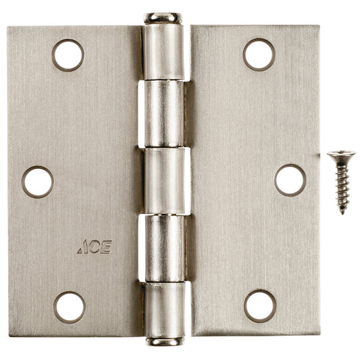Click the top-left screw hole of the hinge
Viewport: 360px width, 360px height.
68,55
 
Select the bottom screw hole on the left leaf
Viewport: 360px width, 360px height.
69,307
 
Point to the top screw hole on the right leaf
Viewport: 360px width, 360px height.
259,55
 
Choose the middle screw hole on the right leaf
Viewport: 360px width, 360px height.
290,180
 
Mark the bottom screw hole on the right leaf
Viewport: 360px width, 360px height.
260,305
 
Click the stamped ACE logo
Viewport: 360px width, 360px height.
94,247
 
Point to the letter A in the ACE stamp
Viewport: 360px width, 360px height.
82,248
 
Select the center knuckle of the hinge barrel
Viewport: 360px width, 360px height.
163,181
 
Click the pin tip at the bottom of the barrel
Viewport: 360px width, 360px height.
163,342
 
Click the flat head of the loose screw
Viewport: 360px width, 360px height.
342,156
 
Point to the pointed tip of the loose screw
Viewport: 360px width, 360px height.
343,212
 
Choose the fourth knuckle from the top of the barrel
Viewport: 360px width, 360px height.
163,247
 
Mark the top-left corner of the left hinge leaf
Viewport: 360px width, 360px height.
9,28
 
